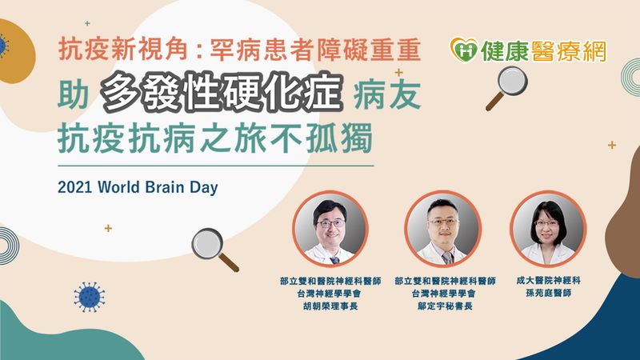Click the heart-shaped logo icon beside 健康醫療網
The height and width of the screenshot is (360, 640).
tap(464, 50)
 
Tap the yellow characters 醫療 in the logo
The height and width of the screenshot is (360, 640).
tap(554, 51)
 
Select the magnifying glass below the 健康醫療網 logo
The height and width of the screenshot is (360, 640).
tap(506, 88)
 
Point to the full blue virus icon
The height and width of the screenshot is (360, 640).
tap(89, 297)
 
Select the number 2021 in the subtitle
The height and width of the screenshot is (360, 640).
tap(75, 187)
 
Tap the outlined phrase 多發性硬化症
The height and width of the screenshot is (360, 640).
tap(222, 93)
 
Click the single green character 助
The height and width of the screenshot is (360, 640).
tap(73, 94)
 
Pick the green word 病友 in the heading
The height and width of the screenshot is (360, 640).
tap(387, 94)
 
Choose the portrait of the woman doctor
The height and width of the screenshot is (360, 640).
tap(548, 229)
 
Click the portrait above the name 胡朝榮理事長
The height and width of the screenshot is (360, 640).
tap(330, 229)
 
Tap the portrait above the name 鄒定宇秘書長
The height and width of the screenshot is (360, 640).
tap(443, 229)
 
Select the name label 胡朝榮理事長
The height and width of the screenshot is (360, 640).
tap(330, 306)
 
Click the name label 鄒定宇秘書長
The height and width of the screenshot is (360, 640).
tap(445, 306)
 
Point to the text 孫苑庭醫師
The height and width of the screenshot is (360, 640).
tap(548, 293)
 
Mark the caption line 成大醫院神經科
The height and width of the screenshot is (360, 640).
tap(548, 281)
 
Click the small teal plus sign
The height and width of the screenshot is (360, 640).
tap(87, 24)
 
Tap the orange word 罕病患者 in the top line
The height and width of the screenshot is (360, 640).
tap(262, 50)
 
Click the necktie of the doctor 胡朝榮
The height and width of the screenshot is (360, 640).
tap(334, 260)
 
